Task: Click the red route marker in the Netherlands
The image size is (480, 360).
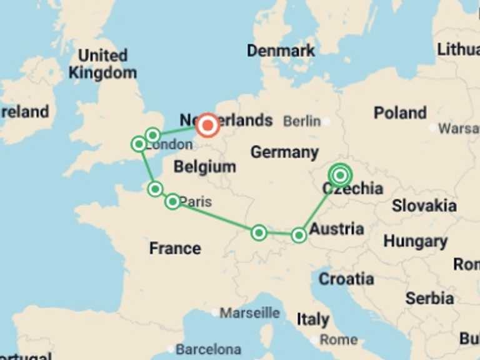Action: pos(207,126)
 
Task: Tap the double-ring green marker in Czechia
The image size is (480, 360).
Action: pos(339,176)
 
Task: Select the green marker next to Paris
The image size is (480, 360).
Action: pos(172,201)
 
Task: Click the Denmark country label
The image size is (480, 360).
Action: pos(281,51)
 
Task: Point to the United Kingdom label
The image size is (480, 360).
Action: pos(102,64)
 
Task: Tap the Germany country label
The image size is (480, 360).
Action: pos(284,152)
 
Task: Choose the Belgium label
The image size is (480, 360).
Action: pos(205,167)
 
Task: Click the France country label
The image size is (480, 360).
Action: pos(175,248)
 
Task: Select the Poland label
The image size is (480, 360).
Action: pos(400,113)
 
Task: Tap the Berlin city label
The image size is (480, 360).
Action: pos(302,121)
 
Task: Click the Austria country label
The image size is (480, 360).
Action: pos(336,229)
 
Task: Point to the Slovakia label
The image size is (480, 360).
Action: pos(424,206)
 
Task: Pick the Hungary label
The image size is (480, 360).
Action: pos(415,241)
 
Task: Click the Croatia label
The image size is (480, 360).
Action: pos(346,279)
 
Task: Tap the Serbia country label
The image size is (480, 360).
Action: pos(429,298)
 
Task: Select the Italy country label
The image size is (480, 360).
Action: pos(312,319)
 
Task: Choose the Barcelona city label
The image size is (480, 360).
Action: pos(208,349)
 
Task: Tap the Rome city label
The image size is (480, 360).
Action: pos(338,340)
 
